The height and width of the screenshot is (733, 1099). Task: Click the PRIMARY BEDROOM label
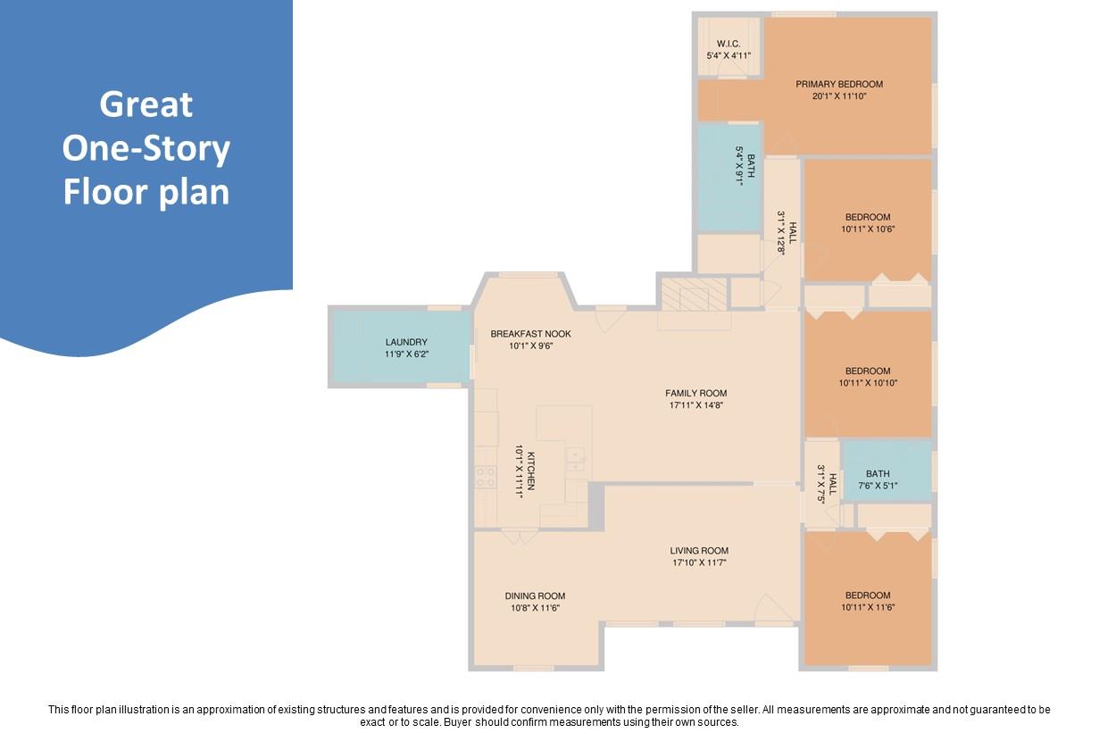click(x=839, y=85)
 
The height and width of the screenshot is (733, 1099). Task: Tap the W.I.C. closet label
click(x=729, y=44)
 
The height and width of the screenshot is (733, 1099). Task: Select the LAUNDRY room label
click(x=406, y=342)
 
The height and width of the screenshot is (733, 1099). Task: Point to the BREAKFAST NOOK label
click(x=531, y=334)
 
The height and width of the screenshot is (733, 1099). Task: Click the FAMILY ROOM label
click(x=696, y=393)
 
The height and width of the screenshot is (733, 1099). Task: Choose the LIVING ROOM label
click(x=699, y=551)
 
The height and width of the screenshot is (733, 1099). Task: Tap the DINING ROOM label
click(x=536, y=596)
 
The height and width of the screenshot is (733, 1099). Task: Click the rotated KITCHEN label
click(x=531, y=471)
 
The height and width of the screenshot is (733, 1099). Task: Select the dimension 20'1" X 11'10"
click(x=839, y=96)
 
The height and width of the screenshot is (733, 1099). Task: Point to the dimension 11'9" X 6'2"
click(x=407, y=354)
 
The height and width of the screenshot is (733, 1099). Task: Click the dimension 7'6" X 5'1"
click(x=878, y=486)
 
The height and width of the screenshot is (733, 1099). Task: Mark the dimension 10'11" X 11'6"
click(x=868, y=607)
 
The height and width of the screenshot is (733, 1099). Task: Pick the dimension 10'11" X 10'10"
click(x=868, y=383)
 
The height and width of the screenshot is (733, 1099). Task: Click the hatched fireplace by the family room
click(x=694, y=295)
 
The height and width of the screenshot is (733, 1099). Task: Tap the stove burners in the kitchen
click(x=486, y=477)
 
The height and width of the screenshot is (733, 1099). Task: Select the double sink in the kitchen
click(x=576, y=459)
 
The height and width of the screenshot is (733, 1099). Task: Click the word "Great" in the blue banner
click(x=146, y=104)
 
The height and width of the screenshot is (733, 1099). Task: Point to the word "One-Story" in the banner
click(x=146, y=149)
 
